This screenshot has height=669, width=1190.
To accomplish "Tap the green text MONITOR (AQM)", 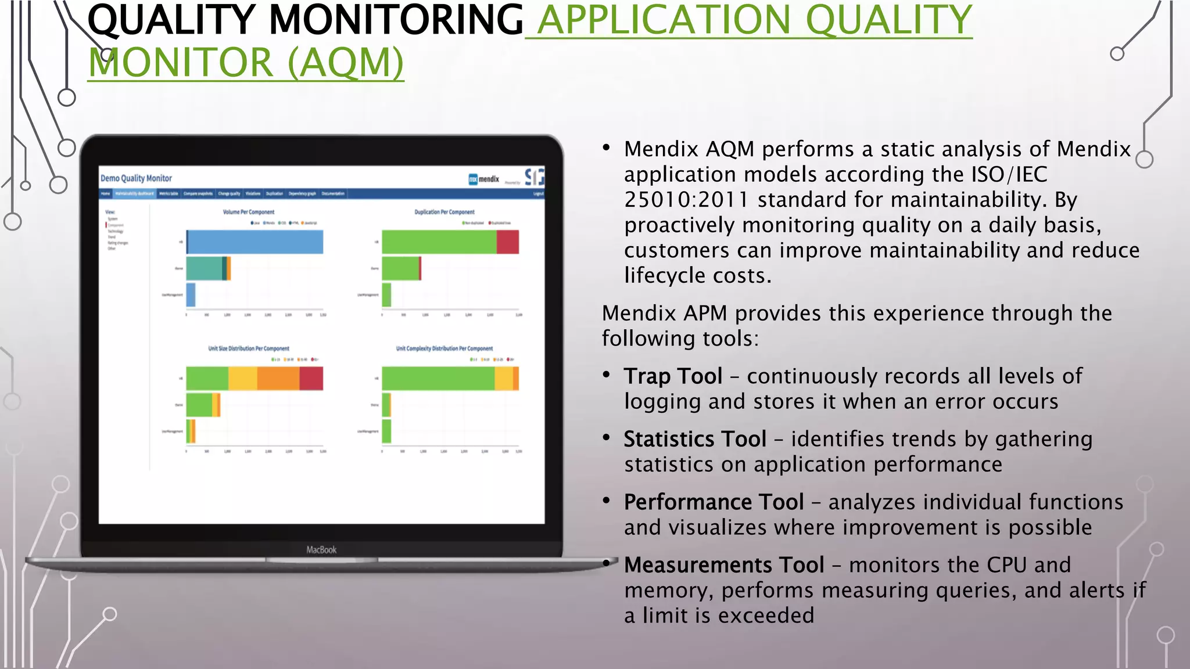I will click(x=245, y=63).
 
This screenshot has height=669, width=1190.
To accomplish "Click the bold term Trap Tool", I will click(x=673, y=376).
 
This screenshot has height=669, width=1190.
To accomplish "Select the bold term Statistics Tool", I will click(x=695, y=439).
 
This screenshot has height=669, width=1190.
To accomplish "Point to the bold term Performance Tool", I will click(x=714, y=502).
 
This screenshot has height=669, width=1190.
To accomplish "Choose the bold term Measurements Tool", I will click(x=724, y=565).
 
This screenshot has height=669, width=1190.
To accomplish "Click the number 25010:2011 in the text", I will click(x=686, y=200).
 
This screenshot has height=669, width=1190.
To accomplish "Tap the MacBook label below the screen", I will click(x=321, y=549).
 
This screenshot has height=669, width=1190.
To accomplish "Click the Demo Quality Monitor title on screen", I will click(x=136, y=178).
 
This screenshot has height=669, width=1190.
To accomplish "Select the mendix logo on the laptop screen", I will click(x=484, y=179).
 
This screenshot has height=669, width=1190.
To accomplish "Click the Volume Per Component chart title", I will click(x=249, y=212).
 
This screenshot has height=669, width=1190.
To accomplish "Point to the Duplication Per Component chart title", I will click(x=445, y=212).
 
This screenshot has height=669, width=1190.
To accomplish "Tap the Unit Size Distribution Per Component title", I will click(x=249, y=348).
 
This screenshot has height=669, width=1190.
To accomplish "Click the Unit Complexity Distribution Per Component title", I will click(x=445, y=348).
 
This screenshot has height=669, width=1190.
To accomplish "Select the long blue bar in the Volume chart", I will click(x=256, y=242).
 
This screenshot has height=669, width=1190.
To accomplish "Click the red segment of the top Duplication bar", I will click(x=507, y=242).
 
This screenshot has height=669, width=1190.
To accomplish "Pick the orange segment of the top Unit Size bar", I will click(x=278, y=379).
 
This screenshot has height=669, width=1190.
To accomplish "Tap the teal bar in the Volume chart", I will click(x=205, y=269).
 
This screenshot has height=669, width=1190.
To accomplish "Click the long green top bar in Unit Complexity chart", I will click(x=438, y=379).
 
